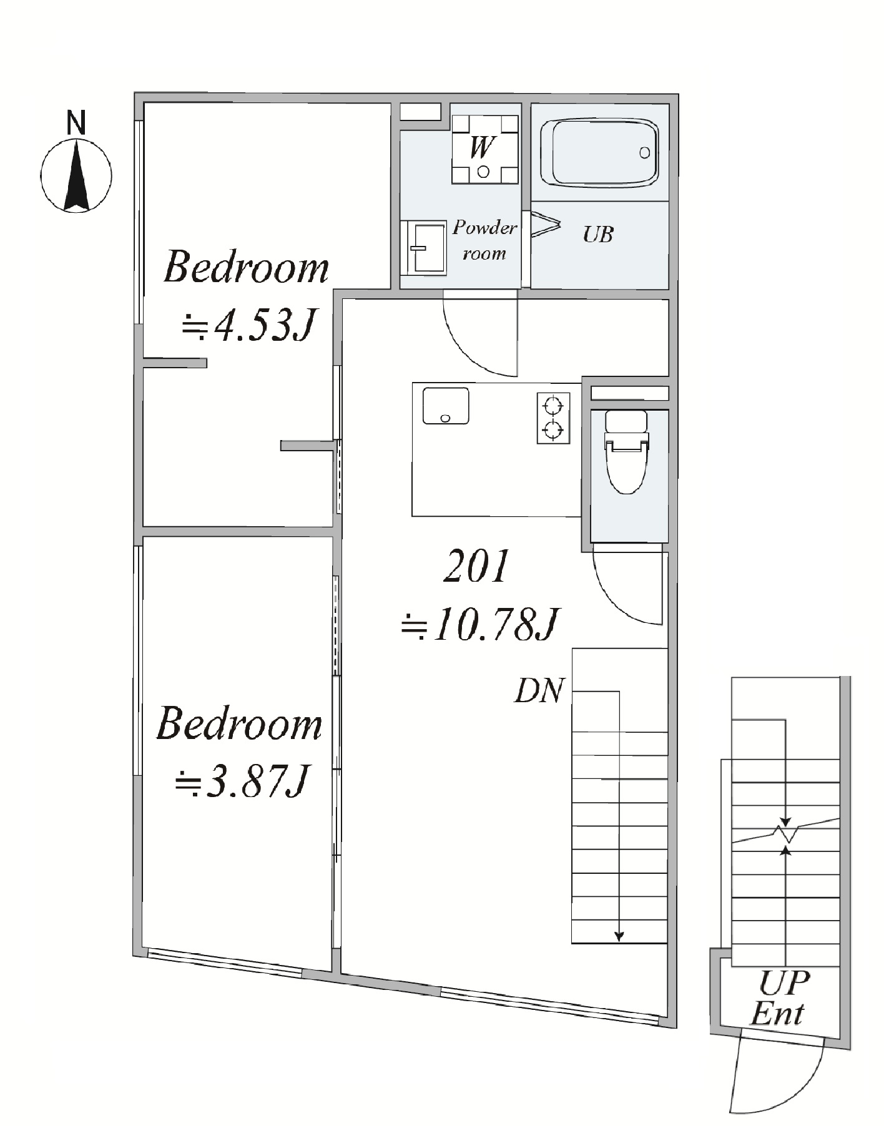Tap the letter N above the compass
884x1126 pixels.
[76, 122]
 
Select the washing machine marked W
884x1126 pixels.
[485, 149]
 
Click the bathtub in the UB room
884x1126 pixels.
[599, 153]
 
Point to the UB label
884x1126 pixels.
[598, 235]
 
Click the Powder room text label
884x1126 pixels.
[484, 240]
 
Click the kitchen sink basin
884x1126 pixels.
[446, 406]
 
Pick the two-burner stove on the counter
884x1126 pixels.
[554, 418]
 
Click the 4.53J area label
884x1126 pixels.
[247, 325]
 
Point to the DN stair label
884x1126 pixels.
[539, 691]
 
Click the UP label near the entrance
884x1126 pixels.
[784, 983]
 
